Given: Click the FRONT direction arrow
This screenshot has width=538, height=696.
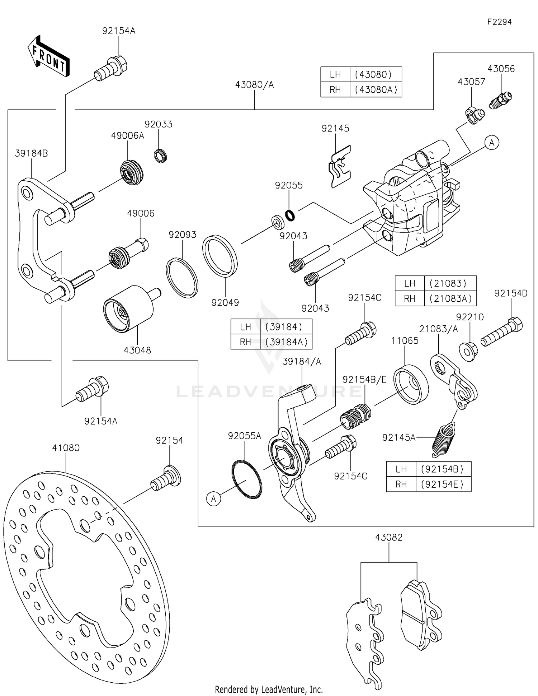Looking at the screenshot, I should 48,57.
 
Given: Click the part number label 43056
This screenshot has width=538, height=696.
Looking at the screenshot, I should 501,69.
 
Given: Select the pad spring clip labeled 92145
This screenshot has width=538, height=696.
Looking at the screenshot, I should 340,167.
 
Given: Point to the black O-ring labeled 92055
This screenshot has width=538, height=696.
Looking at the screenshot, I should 290,215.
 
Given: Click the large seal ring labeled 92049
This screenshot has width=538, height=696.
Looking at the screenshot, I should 220,256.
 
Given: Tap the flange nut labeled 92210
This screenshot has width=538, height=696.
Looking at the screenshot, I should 468,351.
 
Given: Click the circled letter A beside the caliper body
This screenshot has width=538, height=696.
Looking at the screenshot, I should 491,143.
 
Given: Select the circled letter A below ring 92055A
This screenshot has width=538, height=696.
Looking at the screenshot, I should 214,499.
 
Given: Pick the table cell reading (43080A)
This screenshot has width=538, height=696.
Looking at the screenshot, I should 376,89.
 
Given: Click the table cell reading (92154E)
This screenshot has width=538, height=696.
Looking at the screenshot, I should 443,484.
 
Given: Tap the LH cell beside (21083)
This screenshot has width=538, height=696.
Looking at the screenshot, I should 409,283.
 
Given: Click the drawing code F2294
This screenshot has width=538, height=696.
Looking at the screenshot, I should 499,22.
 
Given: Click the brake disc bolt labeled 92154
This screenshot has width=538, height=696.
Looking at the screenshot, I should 166,478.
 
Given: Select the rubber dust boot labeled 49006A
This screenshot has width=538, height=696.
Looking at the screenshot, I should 131,172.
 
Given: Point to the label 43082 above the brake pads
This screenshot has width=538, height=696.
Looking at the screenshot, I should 388,537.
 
